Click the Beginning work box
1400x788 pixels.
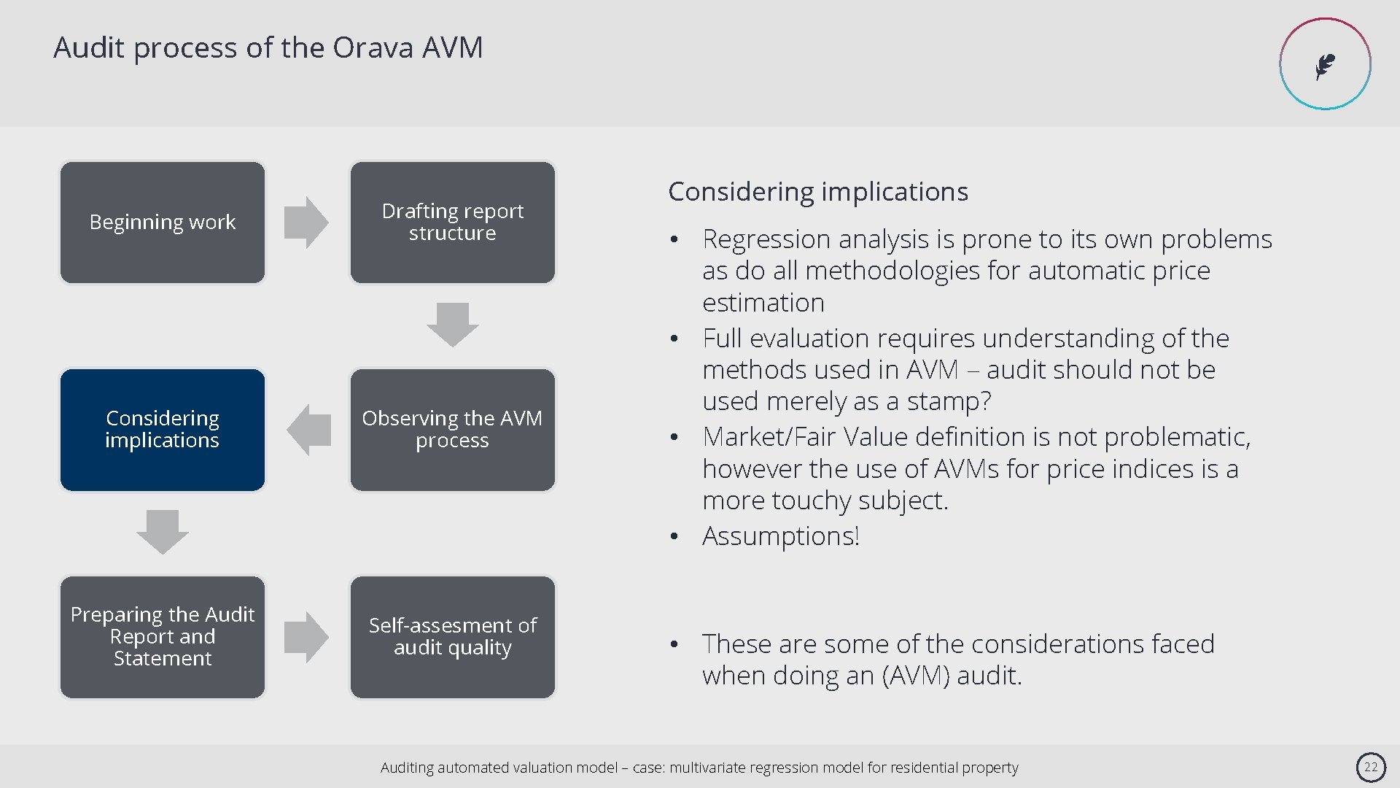pyautogui.click(x=162, y=223)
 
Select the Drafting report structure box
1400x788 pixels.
pyautogui.click(x=452, y=223)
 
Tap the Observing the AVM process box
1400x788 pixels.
pyautogui.click(x=452, y=430)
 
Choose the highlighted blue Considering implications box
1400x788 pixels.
pyautogui.click(x=162, y=430)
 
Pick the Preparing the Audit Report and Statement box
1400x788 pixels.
pyautogui.click(x=162, y=637)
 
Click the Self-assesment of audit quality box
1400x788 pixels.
pyautogui.click(x=452, y=637)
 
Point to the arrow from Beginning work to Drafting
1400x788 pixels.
pyautogui.click(x=306, y=223)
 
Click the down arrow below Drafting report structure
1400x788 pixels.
pyautogui.click(x=452, y=325)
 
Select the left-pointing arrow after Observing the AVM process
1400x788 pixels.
pyautogui.click(x=309, y=430)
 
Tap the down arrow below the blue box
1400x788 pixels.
pyautogui.click(x=162, y=532)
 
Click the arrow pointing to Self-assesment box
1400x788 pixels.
pyautogui.click(x=306, y=637)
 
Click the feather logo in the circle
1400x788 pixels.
pyautogui.click(x=1325, y=65)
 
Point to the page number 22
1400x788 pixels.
pyautogui.click(x=1371, y=767)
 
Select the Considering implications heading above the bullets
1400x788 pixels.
pyautogui.click(x=817, y=192)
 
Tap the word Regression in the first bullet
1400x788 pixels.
pyautogui.click(x=766, y=239)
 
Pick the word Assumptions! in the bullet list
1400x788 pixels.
pyautogui.click(x=780, y=536)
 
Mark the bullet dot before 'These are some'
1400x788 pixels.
pyautogui.click(x=675, y=644)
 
